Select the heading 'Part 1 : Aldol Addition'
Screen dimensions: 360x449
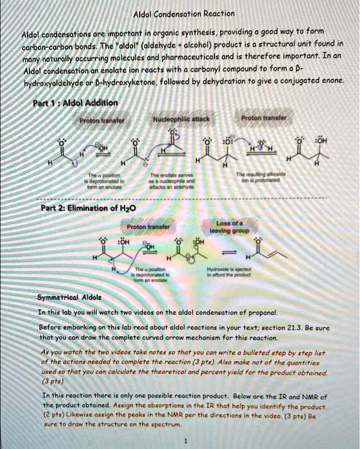[x=75, y=103]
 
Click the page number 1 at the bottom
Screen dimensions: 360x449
[x=184, y=441]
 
